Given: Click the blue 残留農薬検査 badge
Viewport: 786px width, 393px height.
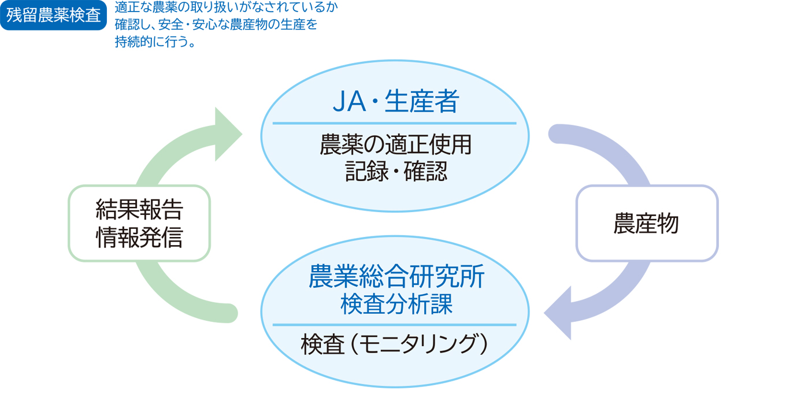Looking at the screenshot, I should [54, 15].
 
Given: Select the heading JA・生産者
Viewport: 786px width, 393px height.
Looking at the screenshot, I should [395, 103].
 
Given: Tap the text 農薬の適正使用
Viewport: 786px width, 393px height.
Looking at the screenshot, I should [395, 145].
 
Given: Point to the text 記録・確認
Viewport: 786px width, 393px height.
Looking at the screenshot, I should [395, 172].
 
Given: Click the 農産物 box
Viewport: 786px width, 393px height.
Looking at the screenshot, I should [646, 224].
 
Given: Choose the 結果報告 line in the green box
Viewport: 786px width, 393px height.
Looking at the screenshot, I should [139, 211].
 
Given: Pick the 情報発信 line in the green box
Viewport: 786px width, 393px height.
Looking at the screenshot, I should [139, 237].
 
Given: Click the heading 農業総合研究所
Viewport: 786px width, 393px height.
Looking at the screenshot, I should [395, 278].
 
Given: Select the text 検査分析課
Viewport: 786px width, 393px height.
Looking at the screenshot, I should [395, 304].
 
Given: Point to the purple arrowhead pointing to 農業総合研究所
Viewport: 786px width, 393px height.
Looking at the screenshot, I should [559, 313].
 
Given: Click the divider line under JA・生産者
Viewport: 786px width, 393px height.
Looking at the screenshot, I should [394, 123].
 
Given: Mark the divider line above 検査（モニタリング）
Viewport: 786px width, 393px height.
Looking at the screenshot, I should [394, 325].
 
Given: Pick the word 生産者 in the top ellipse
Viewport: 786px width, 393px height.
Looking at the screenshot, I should [421, 103].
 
